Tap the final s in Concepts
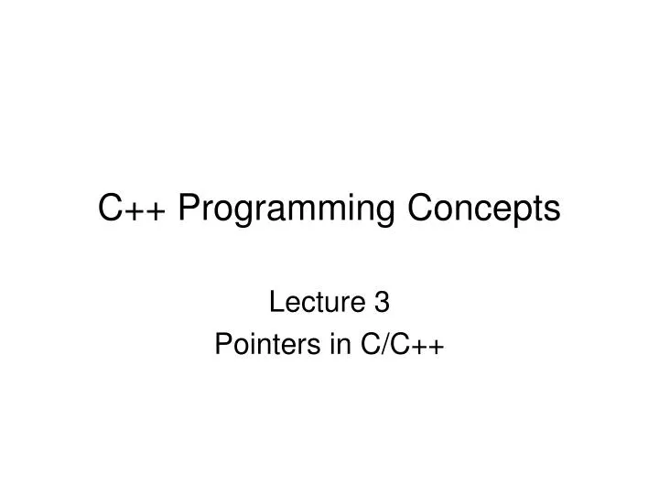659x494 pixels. click(552, 211)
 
